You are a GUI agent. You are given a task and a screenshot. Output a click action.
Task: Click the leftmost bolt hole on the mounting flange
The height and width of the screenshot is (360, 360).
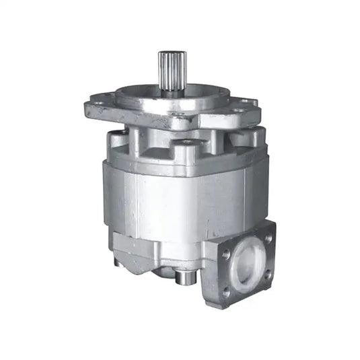click(99, 104)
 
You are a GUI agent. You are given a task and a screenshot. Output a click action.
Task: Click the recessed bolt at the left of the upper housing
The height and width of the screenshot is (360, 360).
click(116, 138)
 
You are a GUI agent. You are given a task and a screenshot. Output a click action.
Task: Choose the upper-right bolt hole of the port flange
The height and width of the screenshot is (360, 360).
click(267, 237)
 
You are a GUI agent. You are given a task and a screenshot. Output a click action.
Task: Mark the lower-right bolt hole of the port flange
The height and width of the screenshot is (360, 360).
click(268, 275)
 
